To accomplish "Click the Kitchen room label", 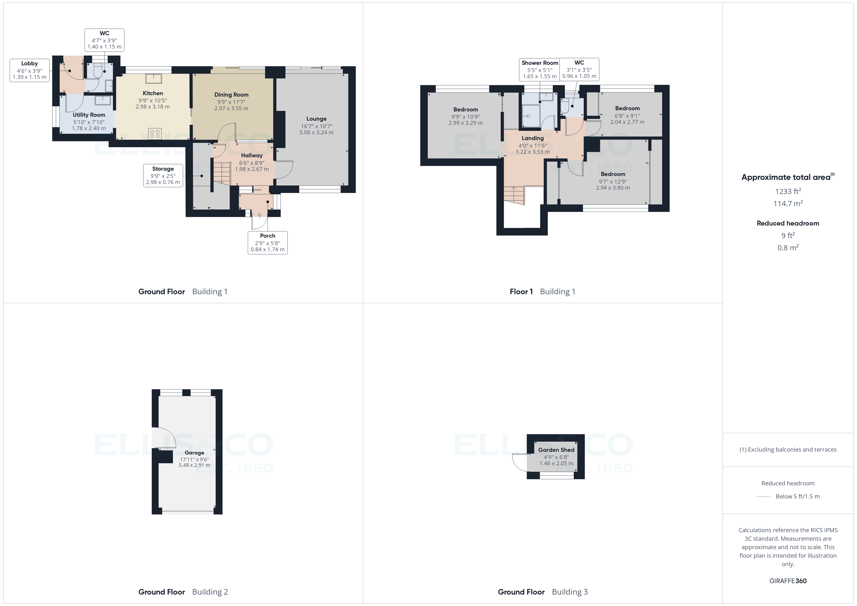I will point(153,93).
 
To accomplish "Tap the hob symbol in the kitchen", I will point(154,134).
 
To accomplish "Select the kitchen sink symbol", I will point(154,78).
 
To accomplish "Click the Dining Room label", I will point(231,95).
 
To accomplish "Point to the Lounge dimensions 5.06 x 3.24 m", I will point(316,133).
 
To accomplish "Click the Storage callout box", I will point(163,175).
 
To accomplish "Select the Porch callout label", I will point(268,243).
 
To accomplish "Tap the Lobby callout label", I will point(29,70).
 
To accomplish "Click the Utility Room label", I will point(89,115).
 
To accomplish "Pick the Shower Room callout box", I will point(540,69).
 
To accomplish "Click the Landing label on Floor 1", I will point(533,138).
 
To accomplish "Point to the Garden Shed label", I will point(556,450).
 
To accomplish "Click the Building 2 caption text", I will point(210,592).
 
